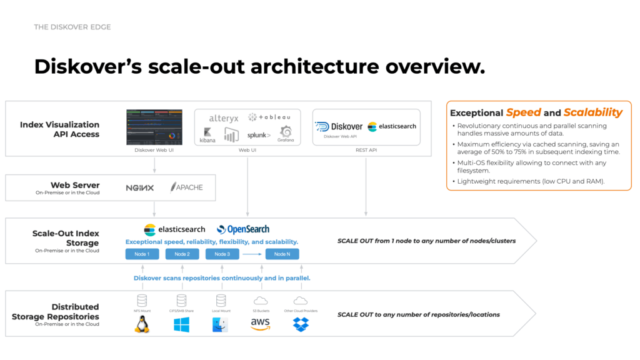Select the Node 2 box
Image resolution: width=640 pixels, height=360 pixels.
(x=182, y=254)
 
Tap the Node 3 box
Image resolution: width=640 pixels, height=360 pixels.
(x=222, y=254)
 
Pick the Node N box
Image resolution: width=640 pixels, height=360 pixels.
(x=282, y=254)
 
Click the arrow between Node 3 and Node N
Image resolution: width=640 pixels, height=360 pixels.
(x=252, y=254)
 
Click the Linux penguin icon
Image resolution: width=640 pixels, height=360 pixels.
(x=142, y=324)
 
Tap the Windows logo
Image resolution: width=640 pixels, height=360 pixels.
(x=182, y=324)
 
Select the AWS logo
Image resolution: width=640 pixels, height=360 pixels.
(x=260, y=324)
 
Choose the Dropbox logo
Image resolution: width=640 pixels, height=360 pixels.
(x=301, y=324)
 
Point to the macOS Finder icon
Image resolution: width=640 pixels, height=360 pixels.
(x=220, y=324)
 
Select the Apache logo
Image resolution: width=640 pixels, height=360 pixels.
(x=186, y=187)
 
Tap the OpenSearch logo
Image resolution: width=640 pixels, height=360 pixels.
(x=243, y=229)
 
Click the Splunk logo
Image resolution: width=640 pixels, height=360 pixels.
(x=259, y=135)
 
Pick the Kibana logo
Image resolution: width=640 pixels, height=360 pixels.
(x=208, y=134)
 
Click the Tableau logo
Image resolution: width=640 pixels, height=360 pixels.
(x=269, y=117)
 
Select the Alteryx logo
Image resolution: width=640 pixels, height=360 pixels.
(x=224, y=118)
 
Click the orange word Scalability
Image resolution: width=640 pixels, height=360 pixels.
(x=592, y=112)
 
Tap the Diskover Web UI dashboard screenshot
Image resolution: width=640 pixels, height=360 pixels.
(x=154, y=127)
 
